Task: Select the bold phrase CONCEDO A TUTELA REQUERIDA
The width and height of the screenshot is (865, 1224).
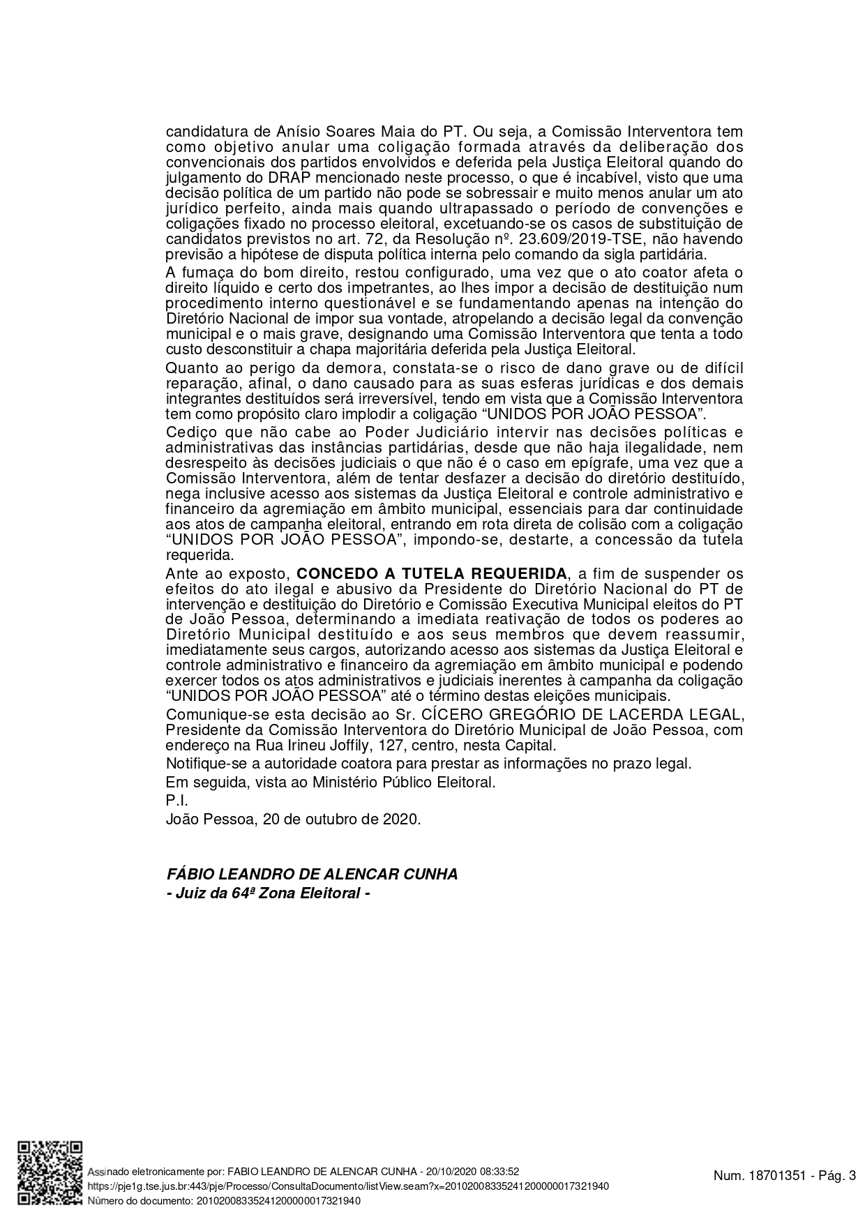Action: (432, 573)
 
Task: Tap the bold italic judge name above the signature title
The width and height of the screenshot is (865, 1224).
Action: (312, 874)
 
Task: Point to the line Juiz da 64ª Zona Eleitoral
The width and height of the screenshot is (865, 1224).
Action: (267, 893)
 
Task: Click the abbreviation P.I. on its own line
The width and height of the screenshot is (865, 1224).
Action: (176, 801)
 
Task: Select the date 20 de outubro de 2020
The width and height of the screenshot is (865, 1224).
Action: (340, 819)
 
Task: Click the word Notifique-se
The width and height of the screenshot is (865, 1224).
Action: (202, 763)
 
